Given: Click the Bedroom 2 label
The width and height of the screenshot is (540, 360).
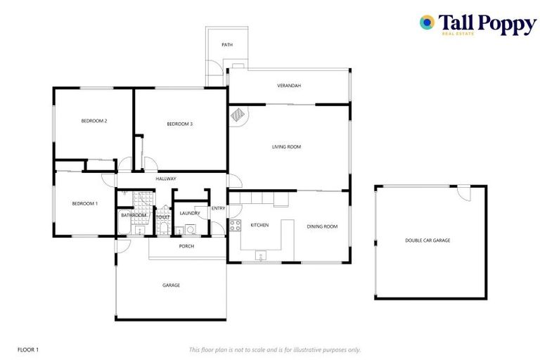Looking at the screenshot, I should coord(94,121).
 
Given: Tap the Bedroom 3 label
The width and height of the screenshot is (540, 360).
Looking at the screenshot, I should coord(179,124).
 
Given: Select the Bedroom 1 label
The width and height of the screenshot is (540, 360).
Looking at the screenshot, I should coord(85,203).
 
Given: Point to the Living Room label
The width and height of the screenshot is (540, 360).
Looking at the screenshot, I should coord(286,147).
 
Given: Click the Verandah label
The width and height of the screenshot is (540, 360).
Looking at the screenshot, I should coord(288,86).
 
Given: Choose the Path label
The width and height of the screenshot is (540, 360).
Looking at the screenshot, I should coord(226,45).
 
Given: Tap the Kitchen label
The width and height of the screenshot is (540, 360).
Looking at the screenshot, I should coord(259,225).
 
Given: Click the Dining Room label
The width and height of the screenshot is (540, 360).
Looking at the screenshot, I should coord(322,226).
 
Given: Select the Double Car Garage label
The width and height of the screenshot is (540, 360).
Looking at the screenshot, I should coord(427,240).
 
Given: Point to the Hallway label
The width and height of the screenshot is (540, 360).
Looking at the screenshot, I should coord(166,179).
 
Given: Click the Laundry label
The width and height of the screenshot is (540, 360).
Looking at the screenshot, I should coord(189,213).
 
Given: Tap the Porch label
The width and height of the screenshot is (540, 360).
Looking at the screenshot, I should coord(186,246).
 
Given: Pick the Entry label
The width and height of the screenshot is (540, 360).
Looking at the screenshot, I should coord(219,208).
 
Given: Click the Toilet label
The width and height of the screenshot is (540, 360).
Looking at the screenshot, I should coord(163,217).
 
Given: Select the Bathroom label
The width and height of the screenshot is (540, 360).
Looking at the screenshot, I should coord(134,215).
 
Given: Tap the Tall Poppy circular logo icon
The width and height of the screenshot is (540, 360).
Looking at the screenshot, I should coord(427,22).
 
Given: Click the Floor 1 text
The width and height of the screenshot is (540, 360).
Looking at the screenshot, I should coord(27,349).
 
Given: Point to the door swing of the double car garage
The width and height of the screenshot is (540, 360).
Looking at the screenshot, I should coord(463,192).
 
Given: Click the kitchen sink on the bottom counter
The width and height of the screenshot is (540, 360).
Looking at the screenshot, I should coord(261,255).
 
